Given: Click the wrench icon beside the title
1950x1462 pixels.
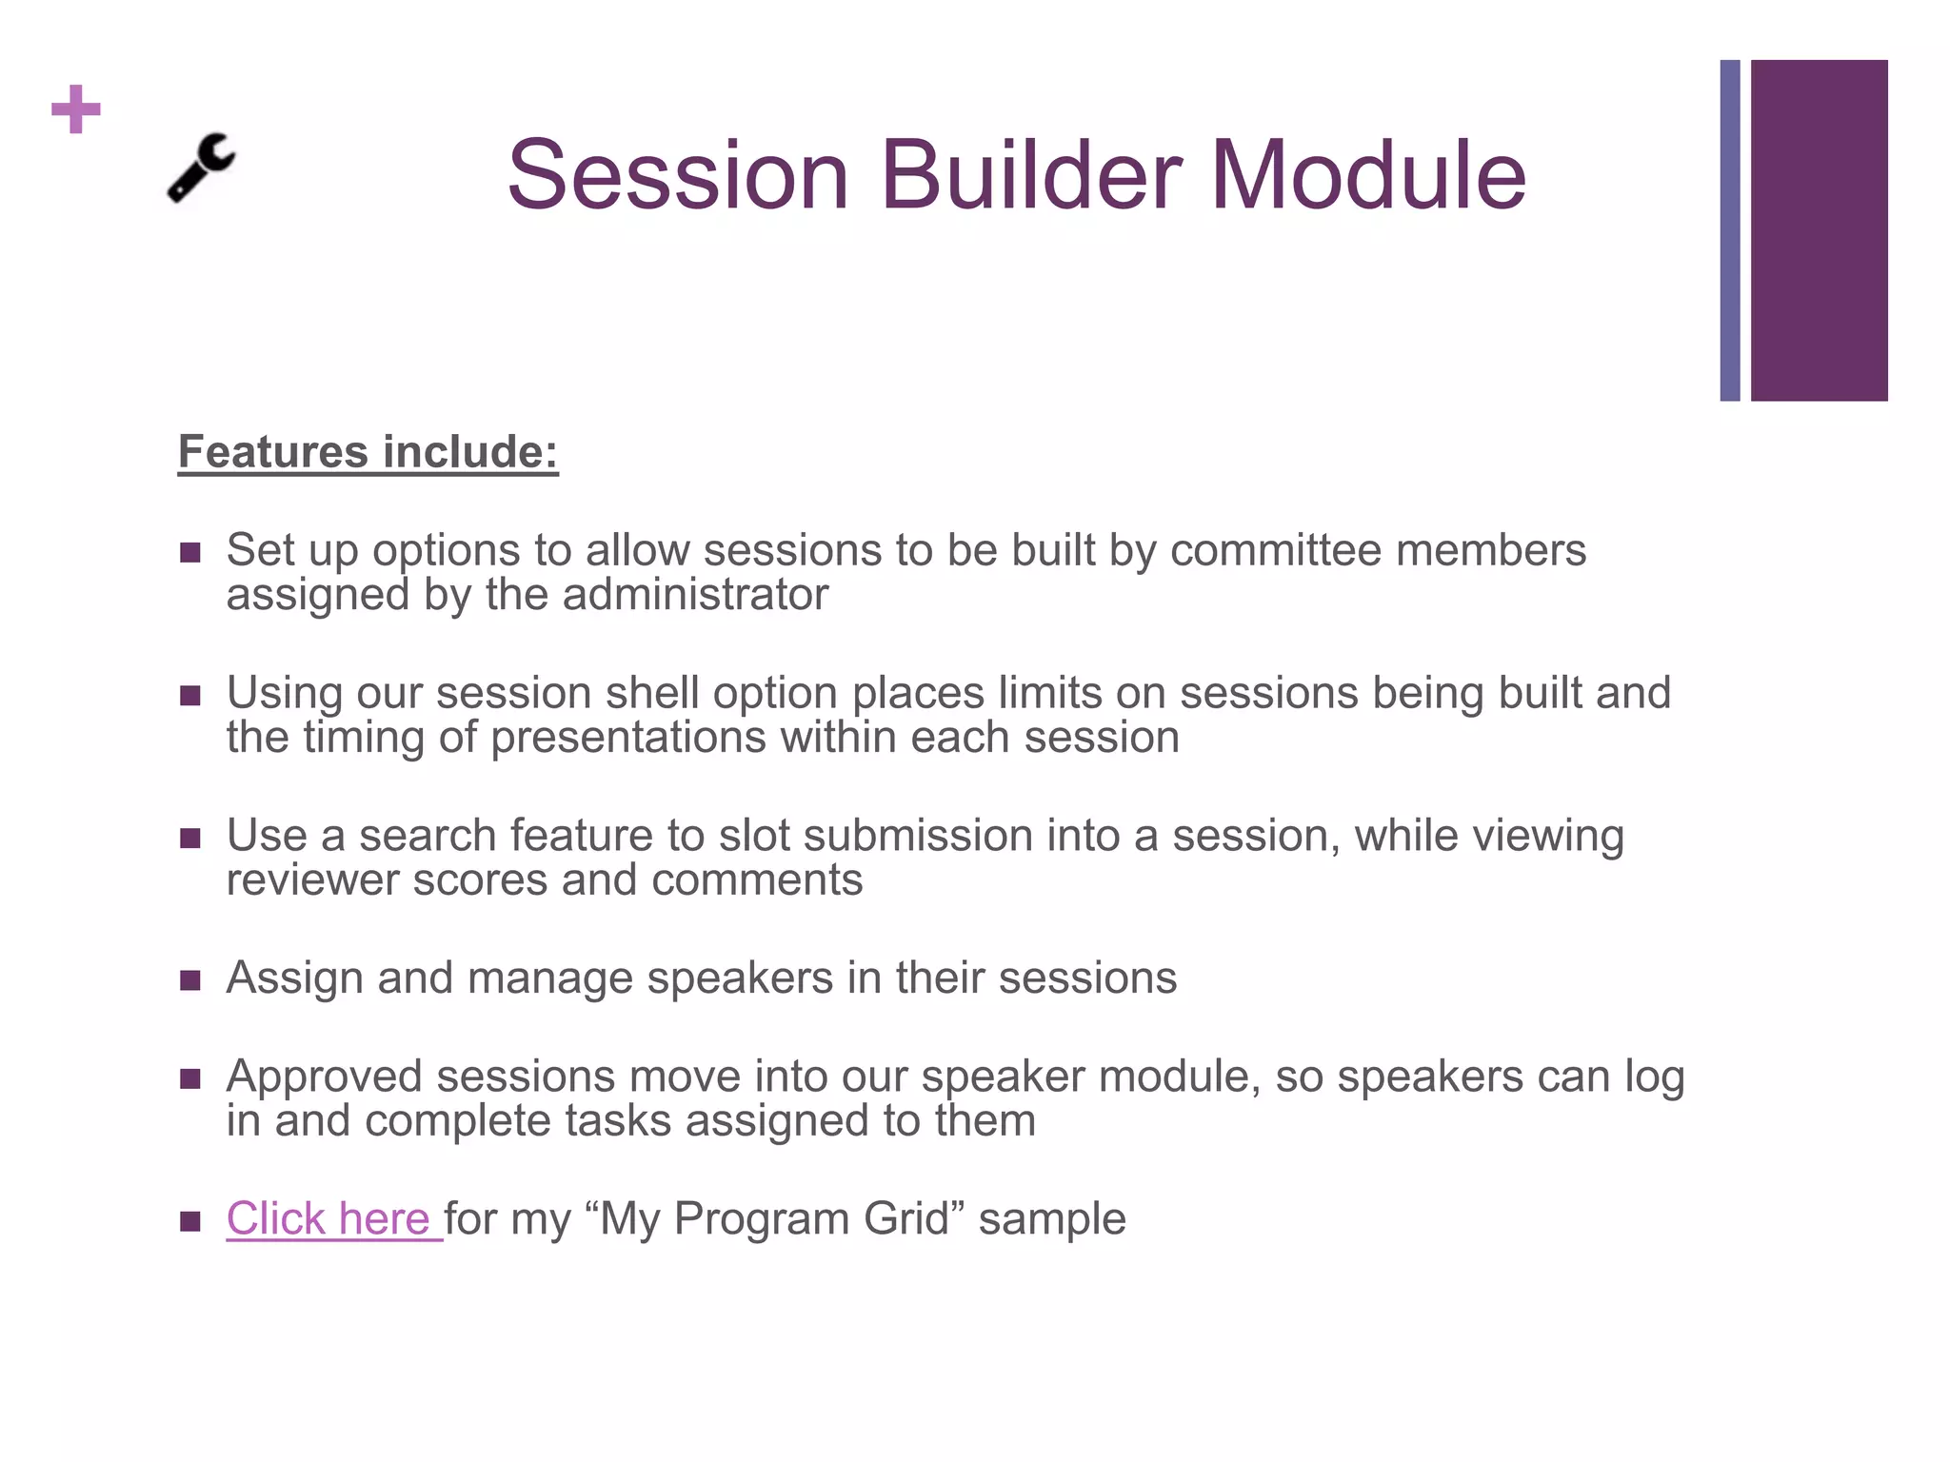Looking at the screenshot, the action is pyautogui.click(x=201, y=168).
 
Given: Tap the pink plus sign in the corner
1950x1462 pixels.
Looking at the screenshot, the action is pyautogui.click(x=76, y=109).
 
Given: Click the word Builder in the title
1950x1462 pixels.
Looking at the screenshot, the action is pyautogui.click(x=1030, y=175).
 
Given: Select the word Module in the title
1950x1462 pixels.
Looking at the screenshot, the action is pyautogui.click(x=1368, y=175).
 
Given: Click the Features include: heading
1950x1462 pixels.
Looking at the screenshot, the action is pyautogui.click(x=368, y=452).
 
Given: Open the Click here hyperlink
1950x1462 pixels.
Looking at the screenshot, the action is pyautogui.click(x=329, y=1218).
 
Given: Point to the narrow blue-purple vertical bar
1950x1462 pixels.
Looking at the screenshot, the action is pyautogui.click(x=1729, y=230).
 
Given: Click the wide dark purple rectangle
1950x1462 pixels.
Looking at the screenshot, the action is pyautogui.click(x=1819, y=230).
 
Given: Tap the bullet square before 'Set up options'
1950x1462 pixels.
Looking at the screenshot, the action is pyautogui.click(x=190, y=552).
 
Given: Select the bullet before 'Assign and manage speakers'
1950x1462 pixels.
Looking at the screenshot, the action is pyautogui.click(x=190, y=980).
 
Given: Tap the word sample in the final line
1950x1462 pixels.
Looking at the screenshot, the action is pyautogui.click(x=1052, y=1218).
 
